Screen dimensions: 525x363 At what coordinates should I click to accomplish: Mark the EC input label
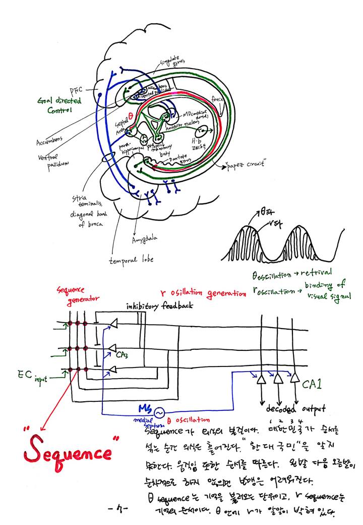pos(33,376)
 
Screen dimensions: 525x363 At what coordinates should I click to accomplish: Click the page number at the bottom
pos(117,508)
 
